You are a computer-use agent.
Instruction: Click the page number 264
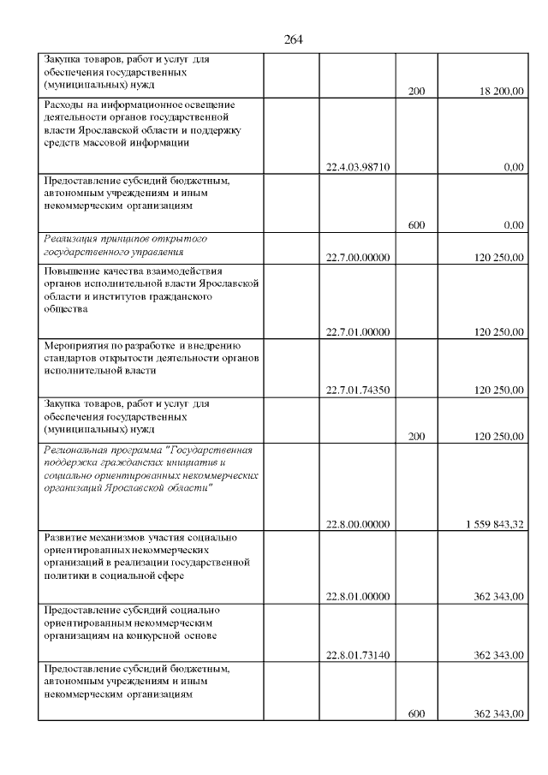tap(293, 39)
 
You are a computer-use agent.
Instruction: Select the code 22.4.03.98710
tap(358, 167)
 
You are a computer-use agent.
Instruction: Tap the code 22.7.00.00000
tap(358, 257)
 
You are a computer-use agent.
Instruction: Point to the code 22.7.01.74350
tap(358, 390)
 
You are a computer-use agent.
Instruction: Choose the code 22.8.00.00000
tap(358, 524)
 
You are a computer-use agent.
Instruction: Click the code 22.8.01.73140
tap(358, 655)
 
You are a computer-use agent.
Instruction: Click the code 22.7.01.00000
tap(358, 332)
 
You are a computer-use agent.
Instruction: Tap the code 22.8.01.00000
tap(358, 596)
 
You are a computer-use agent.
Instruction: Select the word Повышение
tap(71, 271)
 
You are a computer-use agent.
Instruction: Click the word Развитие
tap(66, 537)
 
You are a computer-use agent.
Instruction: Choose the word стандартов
tap(72, 359)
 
